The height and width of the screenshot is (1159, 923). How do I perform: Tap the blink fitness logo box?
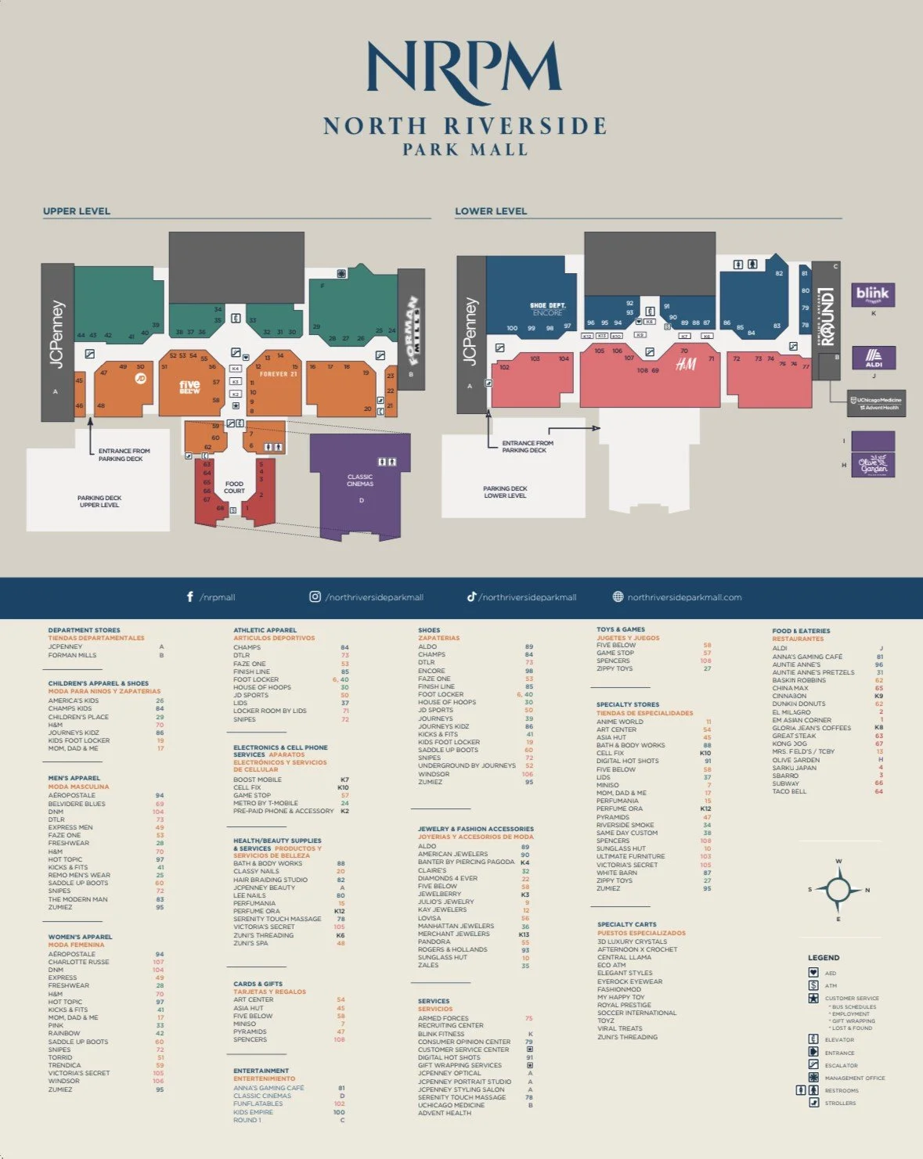pyautogui.click(x=872, y=294)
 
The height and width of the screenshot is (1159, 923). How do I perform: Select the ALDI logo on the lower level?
pyautogui.click(x=874, y=358)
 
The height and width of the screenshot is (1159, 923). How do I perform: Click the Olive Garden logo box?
pyautogui.click(x=873, y=464)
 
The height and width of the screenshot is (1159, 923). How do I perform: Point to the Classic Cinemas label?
pyautogui.click(x=360, y=481)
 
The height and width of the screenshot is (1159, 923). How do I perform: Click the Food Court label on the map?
pyautogui.click(x=234, y=488)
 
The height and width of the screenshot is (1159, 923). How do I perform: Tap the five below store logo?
pyautogui.click(x=189, y=386)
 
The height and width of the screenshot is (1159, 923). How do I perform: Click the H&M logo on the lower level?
pyautogui.click(x=686, y=365)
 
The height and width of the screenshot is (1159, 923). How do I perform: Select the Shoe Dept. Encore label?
pyautogui.click(x=547, y=309)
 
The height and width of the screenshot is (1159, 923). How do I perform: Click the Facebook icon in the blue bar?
pyautogui.click(x=190, y=597)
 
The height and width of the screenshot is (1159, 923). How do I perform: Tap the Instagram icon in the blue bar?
pyautogui.click(x=315, y=597)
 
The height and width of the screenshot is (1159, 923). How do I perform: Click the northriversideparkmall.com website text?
pyautogui.click(x=684, y=598)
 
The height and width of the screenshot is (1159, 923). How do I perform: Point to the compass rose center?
pyautogui.click(x=838, y=890)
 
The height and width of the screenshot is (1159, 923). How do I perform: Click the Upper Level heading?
pyautogui.click(x=77, y=211)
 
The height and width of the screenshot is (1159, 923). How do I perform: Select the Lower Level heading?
pyautogui.click(x=491, y=211)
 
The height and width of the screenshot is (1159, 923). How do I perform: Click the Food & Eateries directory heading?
pyautogui.click(x=801, y=631)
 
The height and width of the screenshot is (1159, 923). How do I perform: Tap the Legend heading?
pyautogui.click(x=824, y=958)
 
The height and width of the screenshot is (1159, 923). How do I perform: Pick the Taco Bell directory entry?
pyautogui.click(x=789, y=791)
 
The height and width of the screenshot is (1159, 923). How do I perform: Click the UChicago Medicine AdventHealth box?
pyautogui.click(x=876, y=403)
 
